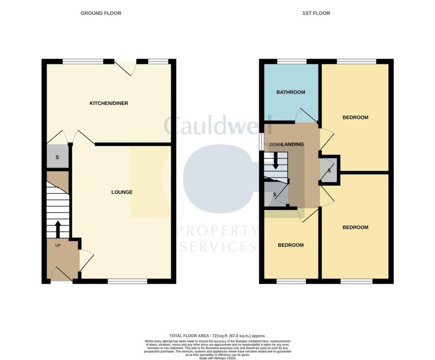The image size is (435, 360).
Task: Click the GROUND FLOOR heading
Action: point(101,13)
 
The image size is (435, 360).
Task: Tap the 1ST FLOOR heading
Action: point(316,13)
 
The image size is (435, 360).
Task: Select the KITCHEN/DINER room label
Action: point(108,103)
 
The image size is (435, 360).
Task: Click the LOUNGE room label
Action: point(122,192)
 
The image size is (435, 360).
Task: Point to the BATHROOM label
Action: point(291,92)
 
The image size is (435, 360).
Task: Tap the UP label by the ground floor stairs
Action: point(58,245)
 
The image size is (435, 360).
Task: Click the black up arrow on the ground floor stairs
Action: point(58,229)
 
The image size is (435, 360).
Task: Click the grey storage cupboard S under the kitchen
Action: point(57,157)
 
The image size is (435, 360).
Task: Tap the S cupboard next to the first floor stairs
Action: point(275,195)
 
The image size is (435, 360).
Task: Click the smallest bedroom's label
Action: point(291,245)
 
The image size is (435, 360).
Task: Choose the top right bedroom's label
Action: point(355,117)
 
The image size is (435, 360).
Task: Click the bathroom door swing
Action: point(305,116)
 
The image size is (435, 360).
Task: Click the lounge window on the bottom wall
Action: point(127,281)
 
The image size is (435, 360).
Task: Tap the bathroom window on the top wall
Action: point(292,62)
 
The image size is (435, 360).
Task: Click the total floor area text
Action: point(217,336)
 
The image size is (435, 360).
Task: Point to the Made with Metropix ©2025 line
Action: point(217,358)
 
